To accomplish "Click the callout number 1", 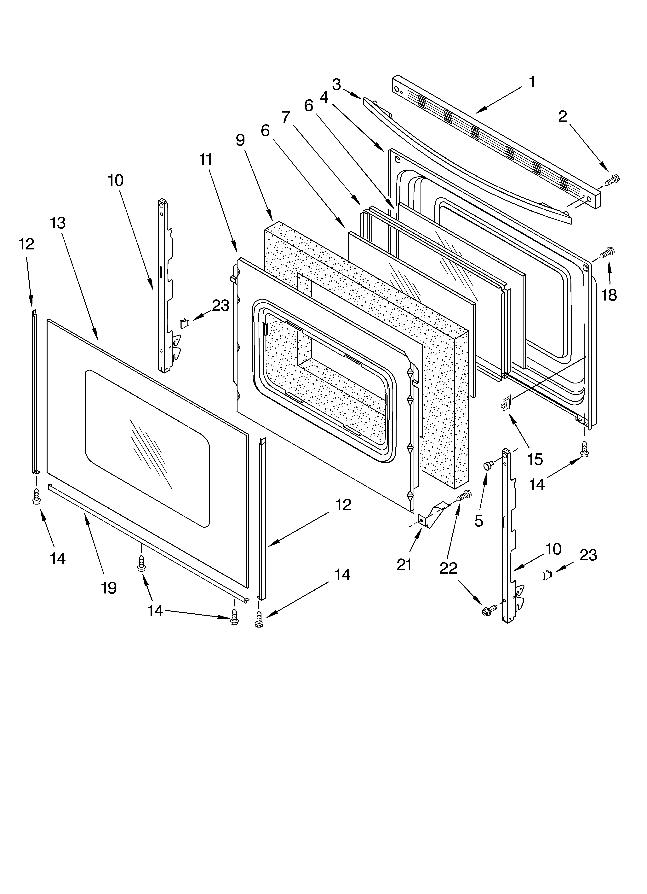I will coord(532,82).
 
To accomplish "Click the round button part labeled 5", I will coord(488,466).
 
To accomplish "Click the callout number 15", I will coord(535,459).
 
